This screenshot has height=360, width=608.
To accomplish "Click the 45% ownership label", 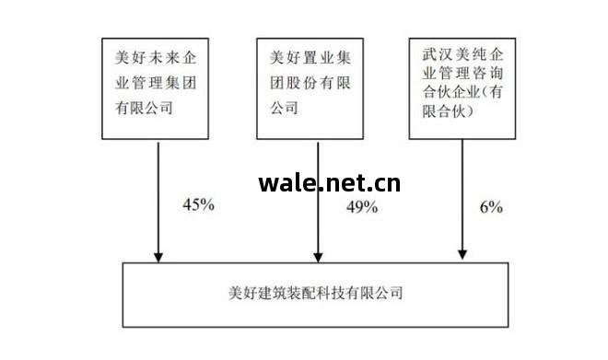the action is tap(198, 204).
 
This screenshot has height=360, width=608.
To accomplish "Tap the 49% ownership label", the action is tap(362, 206).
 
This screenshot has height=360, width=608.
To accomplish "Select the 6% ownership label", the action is tap(491, 206).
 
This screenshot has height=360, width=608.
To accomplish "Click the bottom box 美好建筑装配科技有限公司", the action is tap(315, 294).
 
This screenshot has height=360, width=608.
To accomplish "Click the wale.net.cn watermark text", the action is tap(329, 181).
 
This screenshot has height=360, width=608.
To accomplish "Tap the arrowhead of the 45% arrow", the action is tap(158, 254).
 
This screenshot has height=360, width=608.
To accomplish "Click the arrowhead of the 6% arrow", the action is tap(462, 254).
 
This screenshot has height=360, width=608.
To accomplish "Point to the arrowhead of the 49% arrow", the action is tap(319, 254).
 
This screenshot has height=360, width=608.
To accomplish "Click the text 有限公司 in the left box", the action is tap(144, 109).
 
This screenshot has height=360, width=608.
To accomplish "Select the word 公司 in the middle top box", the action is tap(285, 109).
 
